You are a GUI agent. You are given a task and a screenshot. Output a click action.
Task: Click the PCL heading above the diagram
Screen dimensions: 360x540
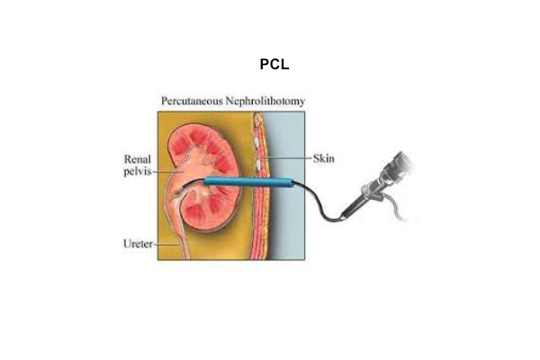[x=270, y=66]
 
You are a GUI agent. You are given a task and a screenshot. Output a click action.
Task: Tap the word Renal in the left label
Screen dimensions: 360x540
[x=137, y=157]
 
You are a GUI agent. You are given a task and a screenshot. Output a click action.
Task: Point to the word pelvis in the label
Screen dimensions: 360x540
[x=137, y=169]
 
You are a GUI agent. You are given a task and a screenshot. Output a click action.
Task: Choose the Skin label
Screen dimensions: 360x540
[x=323, y=157]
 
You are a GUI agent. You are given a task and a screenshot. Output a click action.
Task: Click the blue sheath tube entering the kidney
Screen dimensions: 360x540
[x=243, y=183]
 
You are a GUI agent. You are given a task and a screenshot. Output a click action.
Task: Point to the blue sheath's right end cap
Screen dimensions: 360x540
[x=288, y=183]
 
